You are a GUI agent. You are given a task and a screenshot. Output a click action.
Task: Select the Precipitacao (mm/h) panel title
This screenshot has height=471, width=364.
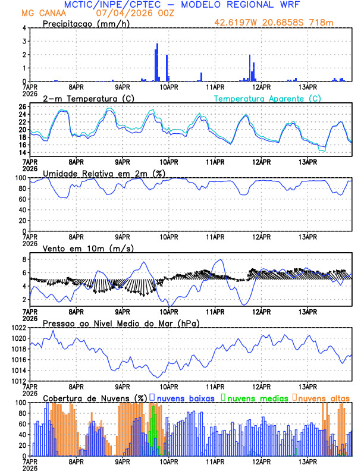tap(86, 23)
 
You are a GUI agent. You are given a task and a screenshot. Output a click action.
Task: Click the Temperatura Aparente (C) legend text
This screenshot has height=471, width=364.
tap(268, 98)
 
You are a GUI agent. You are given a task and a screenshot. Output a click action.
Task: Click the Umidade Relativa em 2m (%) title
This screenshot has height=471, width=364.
tap(103, 173)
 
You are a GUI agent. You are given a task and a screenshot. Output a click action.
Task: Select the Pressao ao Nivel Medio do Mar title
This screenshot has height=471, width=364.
tap(121, 323)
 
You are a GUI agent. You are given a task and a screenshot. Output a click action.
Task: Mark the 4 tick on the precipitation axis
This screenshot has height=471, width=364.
tap(24, 28)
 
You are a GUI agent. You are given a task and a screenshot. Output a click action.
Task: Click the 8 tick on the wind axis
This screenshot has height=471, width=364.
tap(24, 259)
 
